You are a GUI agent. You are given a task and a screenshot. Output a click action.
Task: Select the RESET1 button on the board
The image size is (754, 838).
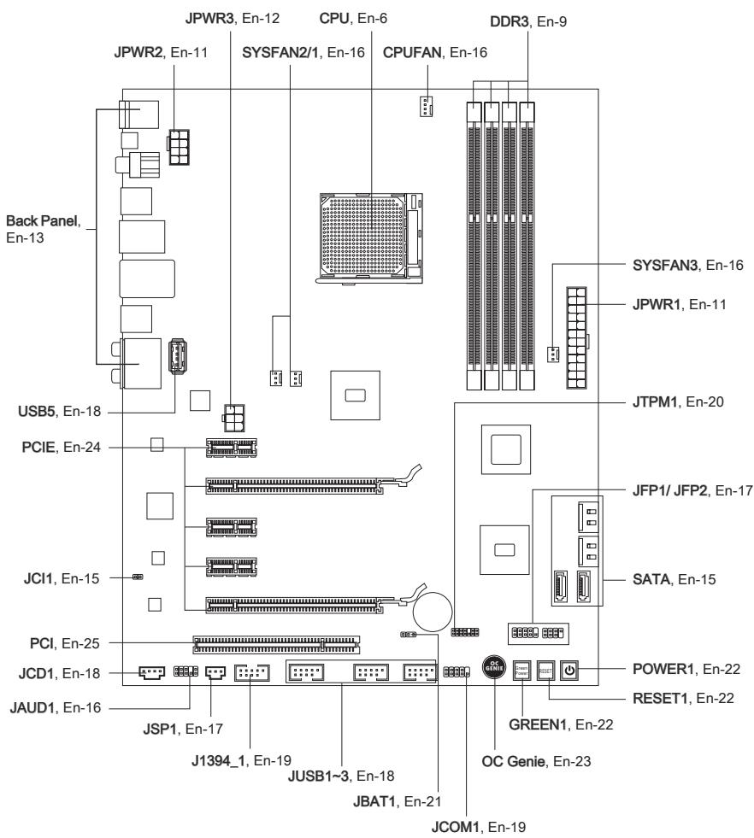click(x=546, y=671)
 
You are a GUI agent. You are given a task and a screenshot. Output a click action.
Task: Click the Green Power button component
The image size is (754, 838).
click(x=522, y=671)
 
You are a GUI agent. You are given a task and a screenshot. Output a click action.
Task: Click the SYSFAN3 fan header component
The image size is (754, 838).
click(x=552, y=354)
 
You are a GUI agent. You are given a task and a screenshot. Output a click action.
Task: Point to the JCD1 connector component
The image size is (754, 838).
click(x=151, y=673)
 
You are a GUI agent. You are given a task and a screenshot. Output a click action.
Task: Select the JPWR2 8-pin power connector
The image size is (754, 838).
click(x=180, y=147)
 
